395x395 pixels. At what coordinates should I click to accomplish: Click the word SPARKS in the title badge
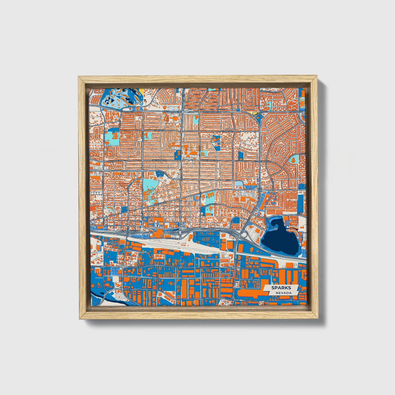click(x=281, y=288)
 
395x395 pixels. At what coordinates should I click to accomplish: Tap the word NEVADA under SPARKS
click(x=283, y=293)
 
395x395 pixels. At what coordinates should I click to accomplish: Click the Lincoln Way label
click(x=211, y=204)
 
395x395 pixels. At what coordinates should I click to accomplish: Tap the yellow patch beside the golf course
click(x=141, y=90)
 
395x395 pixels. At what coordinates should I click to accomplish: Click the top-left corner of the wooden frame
click(x=79, y=77)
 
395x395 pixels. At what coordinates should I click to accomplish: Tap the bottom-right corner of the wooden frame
click(x=318, y=318)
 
